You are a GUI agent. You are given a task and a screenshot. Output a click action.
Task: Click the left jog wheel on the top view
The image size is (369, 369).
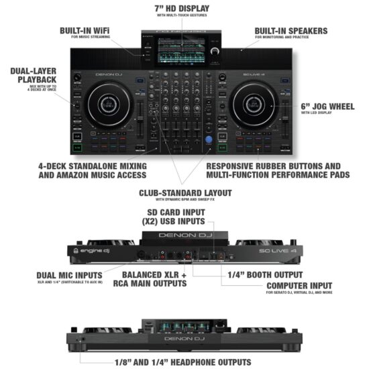(x=106, y=105)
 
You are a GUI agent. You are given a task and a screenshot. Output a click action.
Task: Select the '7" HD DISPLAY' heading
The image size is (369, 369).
(x=182, y=9)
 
